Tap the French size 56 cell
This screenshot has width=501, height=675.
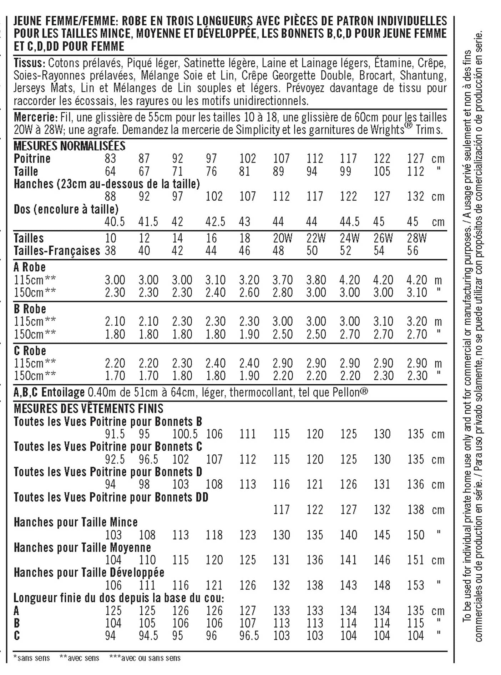coord(413,251)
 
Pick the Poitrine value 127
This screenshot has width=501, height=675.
coord(415,159)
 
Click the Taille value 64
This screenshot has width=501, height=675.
coord(110,171)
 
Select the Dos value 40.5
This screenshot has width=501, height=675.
coord(115,222)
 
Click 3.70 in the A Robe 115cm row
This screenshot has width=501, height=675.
coord(283,280)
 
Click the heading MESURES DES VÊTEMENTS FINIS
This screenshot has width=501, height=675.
coord(88,409)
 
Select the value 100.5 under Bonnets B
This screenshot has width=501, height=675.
coord(185,434)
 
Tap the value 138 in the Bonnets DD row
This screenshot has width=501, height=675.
coord(415,510)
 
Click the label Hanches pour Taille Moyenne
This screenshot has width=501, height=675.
coord(82,547)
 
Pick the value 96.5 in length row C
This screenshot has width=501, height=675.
coord(249,636)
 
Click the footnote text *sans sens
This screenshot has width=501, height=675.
coord(31,658)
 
